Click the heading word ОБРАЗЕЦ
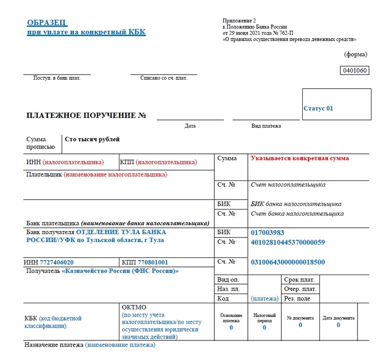[x=47, y=22]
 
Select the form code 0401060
[x=354, y=71]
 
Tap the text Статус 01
[x=318, y=108]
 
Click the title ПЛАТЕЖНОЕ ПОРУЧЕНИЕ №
[x=86, y=116]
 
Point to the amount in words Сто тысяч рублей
[x=92, y=139]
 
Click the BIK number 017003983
[x=267, y=233]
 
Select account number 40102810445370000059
[x=287, y=242]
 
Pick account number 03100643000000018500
[x=287, y=262]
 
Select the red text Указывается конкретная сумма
[x=300, y=158]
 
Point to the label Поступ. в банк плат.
[x=57, y=78]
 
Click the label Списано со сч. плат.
[x=163, y=78]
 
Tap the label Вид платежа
[x=266, y=126]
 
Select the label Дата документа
[x=338, y=318]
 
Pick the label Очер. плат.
[x=300, y=289]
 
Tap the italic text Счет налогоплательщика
[x=288, y=184]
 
